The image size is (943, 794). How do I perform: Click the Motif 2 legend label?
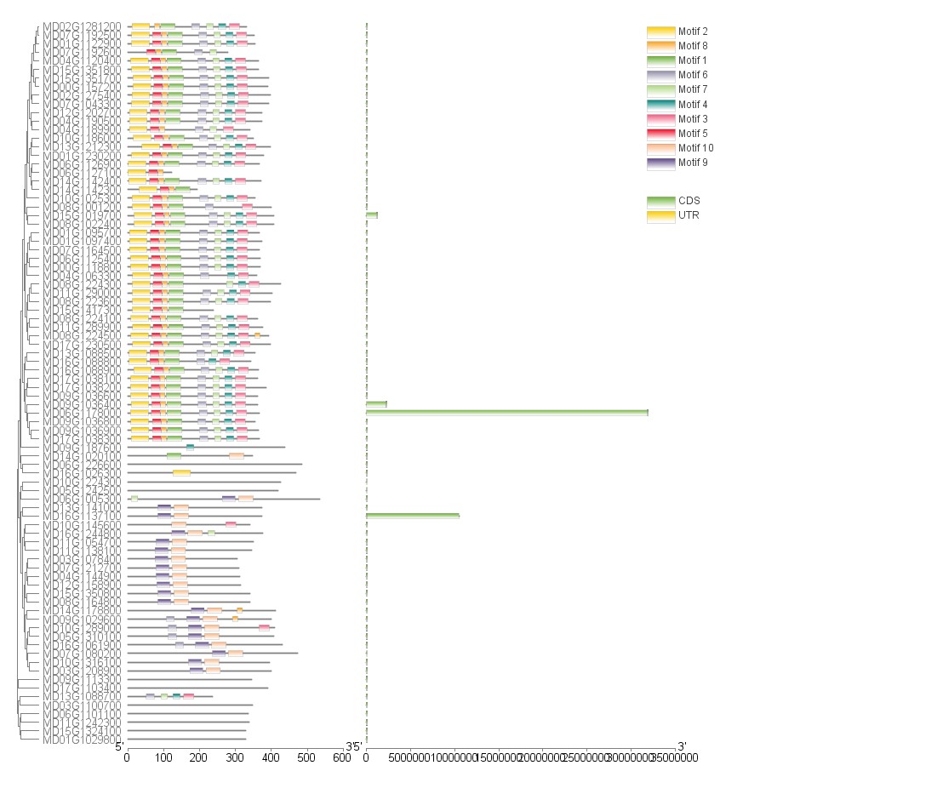pos(693,31)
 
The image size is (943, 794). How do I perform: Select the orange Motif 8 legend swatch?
pos(660,46)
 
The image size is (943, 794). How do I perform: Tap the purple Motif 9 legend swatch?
pos(660,163)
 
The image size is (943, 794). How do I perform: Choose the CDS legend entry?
pos(660,201)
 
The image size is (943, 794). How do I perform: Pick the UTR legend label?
pos(689,215)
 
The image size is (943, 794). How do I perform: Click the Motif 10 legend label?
pos(694,148)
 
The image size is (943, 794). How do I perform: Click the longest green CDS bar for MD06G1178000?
pos(506,413)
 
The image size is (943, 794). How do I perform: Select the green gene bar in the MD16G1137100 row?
pos(412,516)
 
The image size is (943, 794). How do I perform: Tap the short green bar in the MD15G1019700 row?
pos(371,215)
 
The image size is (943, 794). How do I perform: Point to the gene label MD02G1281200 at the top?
pos(82,26)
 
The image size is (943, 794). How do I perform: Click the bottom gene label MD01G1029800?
pos(82,740)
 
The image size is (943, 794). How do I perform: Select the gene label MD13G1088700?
pos(82,696)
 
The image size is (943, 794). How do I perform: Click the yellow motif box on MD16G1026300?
pos(181,473)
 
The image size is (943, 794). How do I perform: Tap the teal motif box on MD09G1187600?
pos(190,447)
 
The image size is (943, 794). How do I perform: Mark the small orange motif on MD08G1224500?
pos(257,335)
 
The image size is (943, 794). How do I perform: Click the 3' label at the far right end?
pos(680,746)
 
